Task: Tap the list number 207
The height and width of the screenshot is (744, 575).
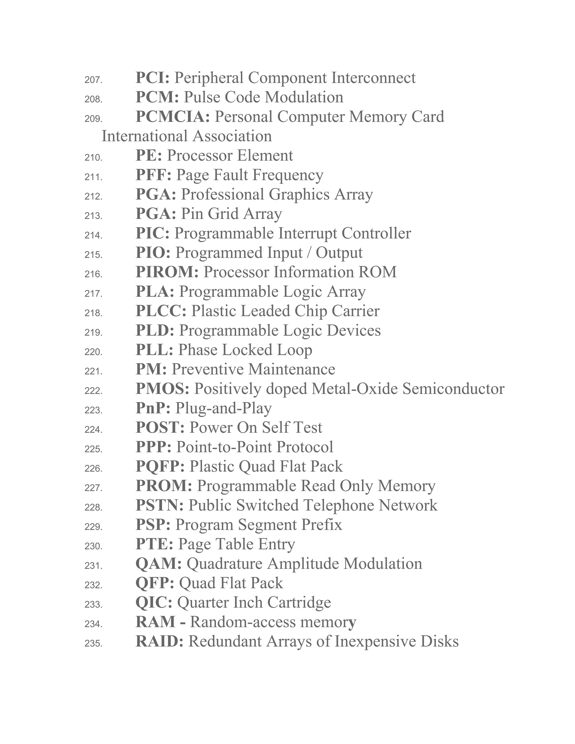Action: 93,80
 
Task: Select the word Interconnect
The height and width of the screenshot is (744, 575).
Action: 373,78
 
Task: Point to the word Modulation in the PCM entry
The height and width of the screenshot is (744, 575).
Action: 304,97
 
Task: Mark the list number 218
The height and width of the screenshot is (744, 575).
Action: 93,313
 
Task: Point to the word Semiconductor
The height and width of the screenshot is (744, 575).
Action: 453,389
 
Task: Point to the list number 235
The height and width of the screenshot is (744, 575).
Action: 93,643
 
